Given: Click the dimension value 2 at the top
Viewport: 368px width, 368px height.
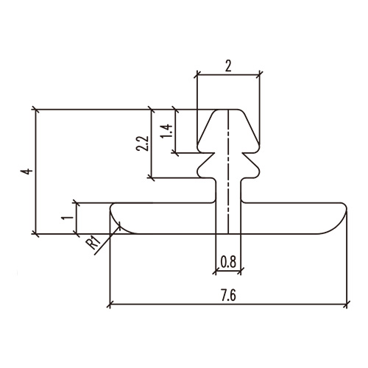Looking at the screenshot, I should pos(228,66).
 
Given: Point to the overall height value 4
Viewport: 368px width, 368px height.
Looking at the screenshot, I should pos(26,171).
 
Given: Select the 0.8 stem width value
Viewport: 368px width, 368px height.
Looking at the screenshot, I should pos(228,260).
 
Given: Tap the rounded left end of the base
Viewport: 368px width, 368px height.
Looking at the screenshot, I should pos(115,218).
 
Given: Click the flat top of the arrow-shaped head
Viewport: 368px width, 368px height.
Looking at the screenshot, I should pos(228,110).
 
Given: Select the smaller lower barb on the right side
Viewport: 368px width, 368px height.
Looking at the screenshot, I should pos(255,169).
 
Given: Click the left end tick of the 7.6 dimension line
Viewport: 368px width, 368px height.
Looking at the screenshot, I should pos(109,303).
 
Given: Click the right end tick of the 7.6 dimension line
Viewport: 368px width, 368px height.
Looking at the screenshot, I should pos(345,303).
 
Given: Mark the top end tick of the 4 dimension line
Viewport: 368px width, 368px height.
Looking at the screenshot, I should pos(35,110).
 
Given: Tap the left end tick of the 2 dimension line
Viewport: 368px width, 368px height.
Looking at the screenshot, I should pos(197,74).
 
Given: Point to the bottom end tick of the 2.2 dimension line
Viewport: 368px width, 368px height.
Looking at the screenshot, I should pos(151,177).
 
